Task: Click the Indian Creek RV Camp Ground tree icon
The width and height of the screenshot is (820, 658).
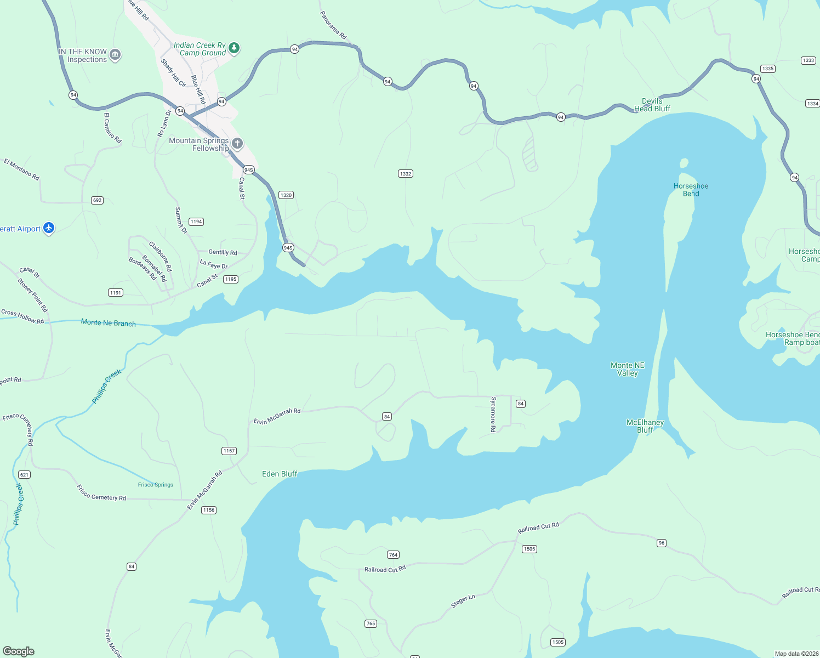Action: (x=234, y=48)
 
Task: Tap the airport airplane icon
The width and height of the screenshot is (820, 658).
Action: (x=49, y=228)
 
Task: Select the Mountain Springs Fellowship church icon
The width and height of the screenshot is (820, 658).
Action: (x=237, y=144)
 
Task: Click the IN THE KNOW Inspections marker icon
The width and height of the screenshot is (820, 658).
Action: (x=115, y=55)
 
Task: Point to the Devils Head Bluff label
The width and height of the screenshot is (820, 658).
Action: (x=652, y=105)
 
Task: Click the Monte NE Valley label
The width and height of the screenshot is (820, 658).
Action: (x=628, y=369)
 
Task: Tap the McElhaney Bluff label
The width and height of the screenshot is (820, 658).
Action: (x=645, y=426)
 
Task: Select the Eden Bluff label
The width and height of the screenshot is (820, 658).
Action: (x=280, y=474)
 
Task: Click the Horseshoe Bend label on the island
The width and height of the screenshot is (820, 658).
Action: (x=691, y=190)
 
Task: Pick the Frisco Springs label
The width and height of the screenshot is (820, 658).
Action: (x=156, y=485)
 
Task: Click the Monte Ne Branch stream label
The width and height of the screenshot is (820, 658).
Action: (x=109, y=323)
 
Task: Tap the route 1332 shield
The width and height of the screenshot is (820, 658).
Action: (x=406, y=174)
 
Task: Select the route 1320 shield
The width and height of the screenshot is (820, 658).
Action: (x=286, y=195)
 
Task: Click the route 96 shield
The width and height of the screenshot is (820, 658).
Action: (x=662, y=543)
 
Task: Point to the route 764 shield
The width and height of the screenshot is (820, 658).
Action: (x=394, y=555)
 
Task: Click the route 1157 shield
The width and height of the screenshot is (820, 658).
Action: (x=229, y=451)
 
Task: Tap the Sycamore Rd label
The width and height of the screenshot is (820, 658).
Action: (x=493, y=415)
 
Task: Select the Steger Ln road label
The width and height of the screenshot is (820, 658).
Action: (x=463, y=601)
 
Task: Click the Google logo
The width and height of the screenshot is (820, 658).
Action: (x=19, y=651)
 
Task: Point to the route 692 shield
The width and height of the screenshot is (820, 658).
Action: (x=97, y=200)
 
